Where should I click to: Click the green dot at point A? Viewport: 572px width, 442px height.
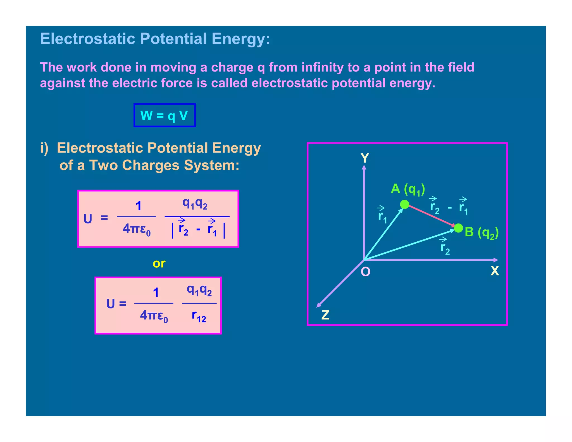404,205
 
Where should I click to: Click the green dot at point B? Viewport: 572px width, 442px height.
458,228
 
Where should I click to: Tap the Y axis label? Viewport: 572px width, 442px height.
365,158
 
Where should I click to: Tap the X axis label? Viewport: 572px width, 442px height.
495,271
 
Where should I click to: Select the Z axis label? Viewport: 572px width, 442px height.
325,315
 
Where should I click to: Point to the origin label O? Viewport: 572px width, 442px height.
365,272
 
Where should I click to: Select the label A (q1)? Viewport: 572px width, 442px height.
408,189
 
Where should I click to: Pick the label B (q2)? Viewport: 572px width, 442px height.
482,232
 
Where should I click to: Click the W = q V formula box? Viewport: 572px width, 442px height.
165,115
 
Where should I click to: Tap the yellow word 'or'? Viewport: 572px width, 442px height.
159,263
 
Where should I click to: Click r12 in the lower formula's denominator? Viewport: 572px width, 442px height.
199,317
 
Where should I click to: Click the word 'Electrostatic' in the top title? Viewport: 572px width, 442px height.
88,39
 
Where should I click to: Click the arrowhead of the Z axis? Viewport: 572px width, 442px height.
319,305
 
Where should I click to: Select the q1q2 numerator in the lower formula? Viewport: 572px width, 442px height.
199,291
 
